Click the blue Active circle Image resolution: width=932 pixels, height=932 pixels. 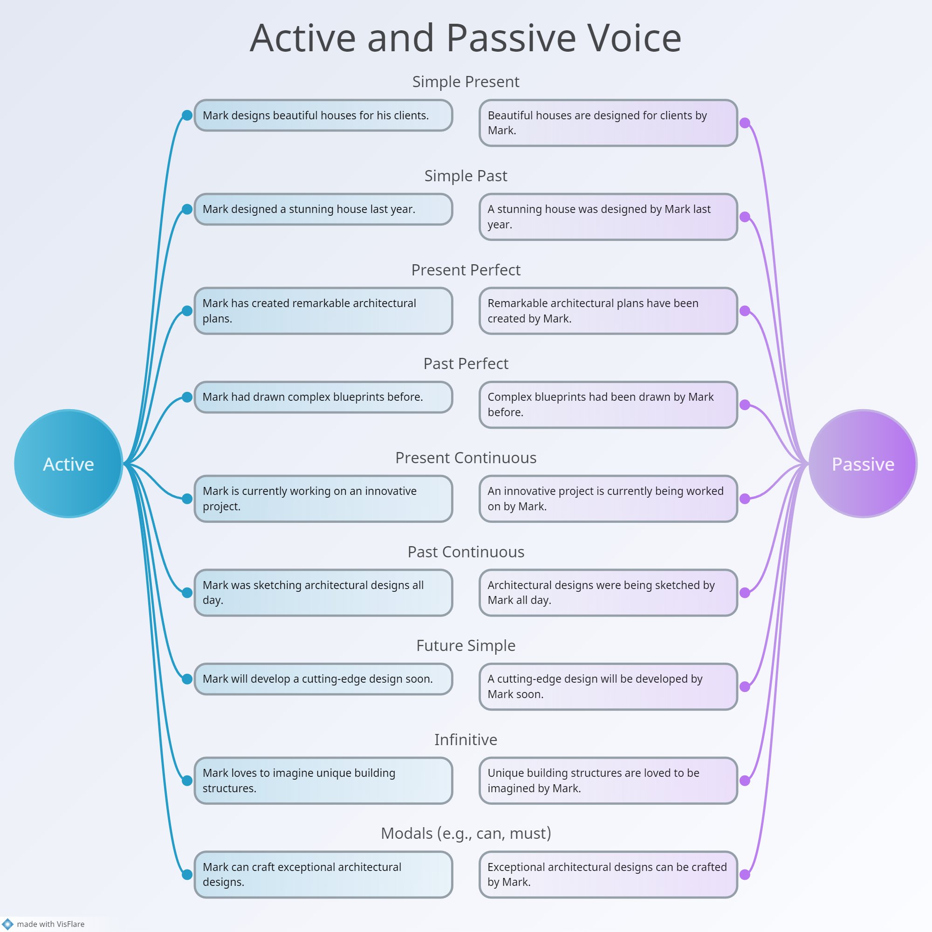point(69,464)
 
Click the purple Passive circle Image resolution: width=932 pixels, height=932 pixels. point(863,464)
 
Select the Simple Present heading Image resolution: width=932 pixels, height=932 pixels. point(466,82)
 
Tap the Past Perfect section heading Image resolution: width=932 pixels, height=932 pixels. point(466,363)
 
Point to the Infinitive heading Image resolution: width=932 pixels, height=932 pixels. point(466,739)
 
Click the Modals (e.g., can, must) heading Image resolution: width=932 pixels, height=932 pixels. point(466,833)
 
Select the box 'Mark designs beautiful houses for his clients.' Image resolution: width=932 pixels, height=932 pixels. point(323,115)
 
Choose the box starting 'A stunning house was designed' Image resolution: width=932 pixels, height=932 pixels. point(608,217)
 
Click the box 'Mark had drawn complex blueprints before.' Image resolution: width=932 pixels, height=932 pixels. point(323,397)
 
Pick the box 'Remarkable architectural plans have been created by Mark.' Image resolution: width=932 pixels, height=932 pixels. point(608,311)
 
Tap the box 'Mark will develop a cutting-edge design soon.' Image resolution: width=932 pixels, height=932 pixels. point(323,679)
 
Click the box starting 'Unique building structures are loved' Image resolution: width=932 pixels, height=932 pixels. point(608,780)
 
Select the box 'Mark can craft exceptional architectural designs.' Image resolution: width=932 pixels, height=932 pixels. point(323,874)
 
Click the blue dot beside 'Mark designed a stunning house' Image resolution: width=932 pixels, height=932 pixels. point(187,209)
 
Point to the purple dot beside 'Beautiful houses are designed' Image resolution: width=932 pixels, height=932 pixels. point(745,123)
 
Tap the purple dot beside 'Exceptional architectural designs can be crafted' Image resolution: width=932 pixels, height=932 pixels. point(745,875)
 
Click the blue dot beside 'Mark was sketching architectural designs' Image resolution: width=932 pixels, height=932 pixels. point(187,593)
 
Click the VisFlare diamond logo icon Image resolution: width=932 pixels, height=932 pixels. point(8,924)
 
